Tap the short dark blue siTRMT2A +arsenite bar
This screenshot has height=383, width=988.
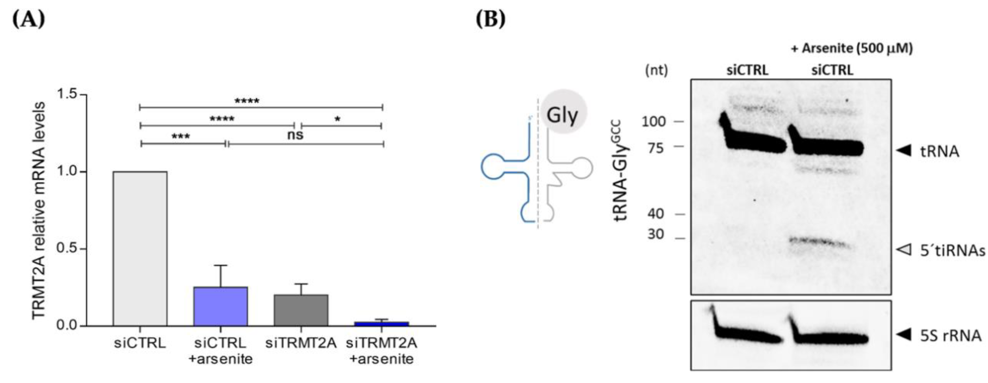point(381,324)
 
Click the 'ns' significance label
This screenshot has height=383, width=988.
point(295,135)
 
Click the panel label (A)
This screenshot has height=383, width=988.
point(29,19)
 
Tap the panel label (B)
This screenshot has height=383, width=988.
point(491,19)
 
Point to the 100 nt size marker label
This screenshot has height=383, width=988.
point(653,122)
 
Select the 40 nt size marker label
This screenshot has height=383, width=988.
point(655,214)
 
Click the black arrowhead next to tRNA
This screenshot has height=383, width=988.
point(904,150)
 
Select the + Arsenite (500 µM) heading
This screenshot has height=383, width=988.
point(851,48)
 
